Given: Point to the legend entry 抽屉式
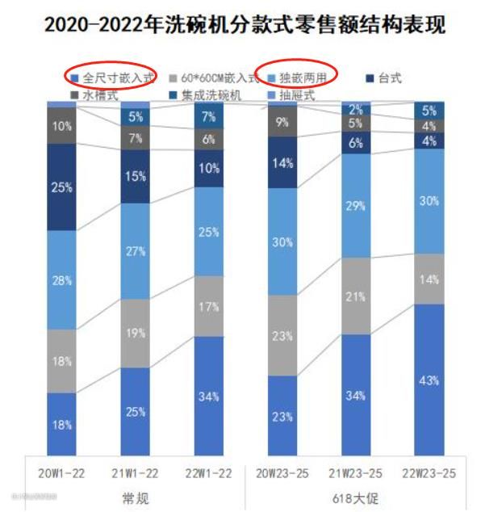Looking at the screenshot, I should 296,95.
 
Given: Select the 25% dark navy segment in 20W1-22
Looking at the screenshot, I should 61,187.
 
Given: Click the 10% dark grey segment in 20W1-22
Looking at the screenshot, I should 61,126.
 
